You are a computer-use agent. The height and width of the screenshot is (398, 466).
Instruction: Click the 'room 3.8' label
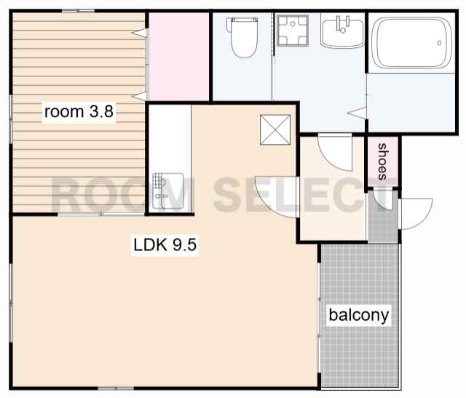pos(79,111)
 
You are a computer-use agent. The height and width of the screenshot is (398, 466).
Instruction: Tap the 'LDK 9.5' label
pos(165,245)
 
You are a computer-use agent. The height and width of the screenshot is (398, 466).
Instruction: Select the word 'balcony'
pos(359,315)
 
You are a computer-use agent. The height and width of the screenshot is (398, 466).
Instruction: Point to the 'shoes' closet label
pos(383,162)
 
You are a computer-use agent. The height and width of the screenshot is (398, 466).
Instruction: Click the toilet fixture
pos(242,37)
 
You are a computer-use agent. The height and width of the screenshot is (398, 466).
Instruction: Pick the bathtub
pos(412,43)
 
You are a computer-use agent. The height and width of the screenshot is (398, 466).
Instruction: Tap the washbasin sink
pos(343,32)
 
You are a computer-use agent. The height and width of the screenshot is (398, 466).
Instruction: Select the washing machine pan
pos(293,31)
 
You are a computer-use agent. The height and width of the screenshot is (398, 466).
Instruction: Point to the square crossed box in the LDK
pos(275,130)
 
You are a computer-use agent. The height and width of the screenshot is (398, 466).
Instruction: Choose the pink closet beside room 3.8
pos(179,57)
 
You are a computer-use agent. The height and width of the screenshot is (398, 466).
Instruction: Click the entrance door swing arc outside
pos(416,214)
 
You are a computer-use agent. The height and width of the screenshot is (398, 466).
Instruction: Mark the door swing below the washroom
pos(335,153)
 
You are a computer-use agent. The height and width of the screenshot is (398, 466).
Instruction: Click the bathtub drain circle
pos(439,43)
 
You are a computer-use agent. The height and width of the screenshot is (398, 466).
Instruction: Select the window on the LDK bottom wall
pos(116,389)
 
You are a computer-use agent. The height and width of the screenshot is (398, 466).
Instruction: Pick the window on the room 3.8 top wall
pos(78,11)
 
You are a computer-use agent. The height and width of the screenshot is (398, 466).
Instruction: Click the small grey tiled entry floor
pos(383,217)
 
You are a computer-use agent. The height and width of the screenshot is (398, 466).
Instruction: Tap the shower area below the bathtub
pos(411,103)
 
